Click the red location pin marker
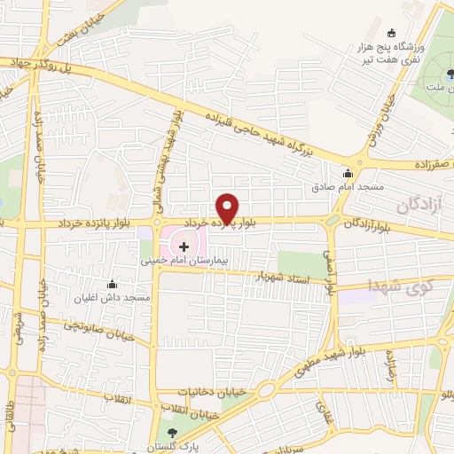point(228,207)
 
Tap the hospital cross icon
point(184,245)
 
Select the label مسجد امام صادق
point(347,187)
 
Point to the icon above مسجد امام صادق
point(348,173)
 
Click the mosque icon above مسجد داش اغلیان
point(113,284)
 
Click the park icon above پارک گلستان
point(174,432)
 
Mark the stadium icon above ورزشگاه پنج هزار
point(391,34)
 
